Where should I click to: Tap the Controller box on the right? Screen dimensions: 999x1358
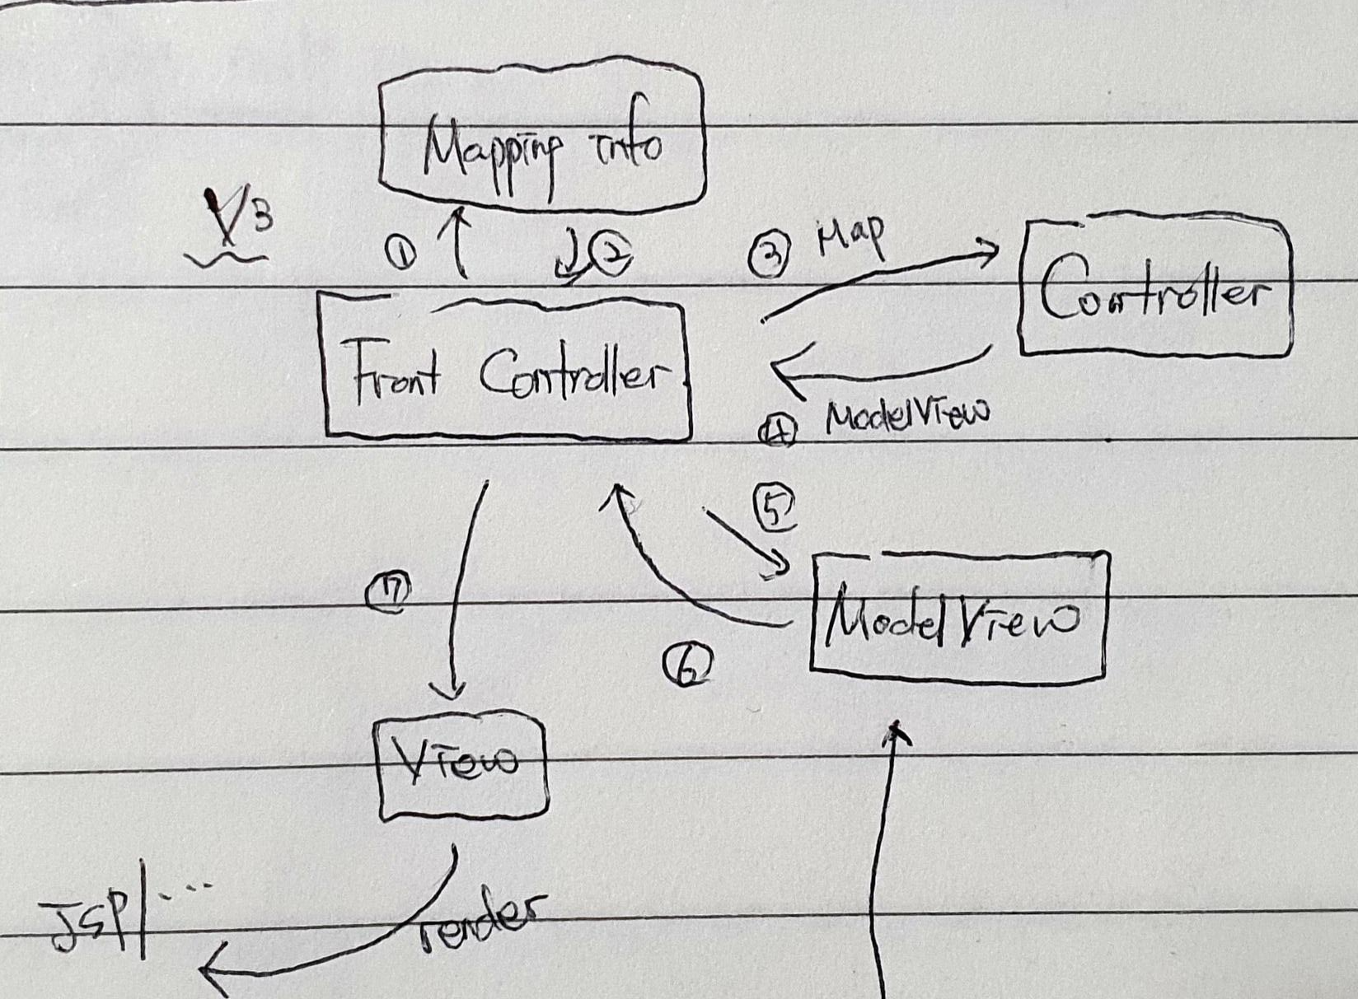[x=1154, y=288]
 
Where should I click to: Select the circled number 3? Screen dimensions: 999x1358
[x=770, y=254]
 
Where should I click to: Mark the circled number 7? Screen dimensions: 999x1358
[x=389, y=591]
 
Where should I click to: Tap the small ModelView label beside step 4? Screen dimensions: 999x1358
[x=906, y=416]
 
